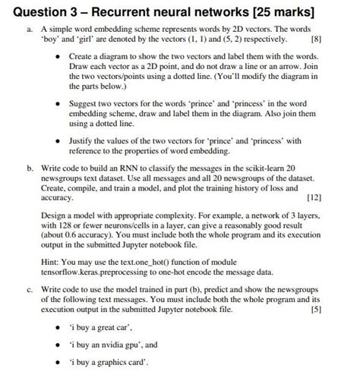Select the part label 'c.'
coord(28,289)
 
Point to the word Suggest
coord(85,102)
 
